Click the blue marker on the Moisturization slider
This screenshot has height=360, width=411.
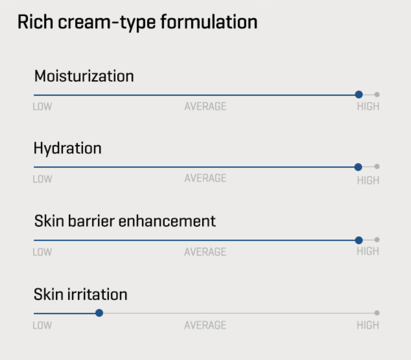(359, 94)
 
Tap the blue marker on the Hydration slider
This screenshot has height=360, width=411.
(358, 167)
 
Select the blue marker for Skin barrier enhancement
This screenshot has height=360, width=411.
(359, 240)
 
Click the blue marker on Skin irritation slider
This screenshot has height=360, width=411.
(99, 313)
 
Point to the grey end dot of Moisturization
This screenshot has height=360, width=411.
(377, 94)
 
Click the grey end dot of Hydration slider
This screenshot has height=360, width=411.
(377, 166)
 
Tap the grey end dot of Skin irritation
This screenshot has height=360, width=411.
(377, 313)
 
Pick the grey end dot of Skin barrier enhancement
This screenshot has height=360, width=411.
(377, 240)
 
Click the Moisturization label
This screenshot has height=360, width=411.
(84, 76)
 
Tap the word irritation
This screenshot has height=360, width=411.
(97, 294)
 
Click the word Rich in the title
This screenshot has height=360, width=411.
(35, 22)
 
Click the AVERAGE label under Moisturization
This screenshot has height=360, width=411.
(205, 106)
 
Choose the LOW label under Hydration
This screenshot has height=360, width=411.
(42, 179)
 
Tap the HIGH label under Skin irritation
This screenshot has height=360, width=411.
(368, 325)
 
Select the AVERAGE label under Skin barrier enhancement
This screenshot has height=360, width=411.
(205, 252)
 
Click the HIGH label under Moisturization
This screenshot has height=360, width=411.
(368, 106)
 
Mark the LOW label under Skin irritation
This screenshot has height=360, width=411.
(42, 325)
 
